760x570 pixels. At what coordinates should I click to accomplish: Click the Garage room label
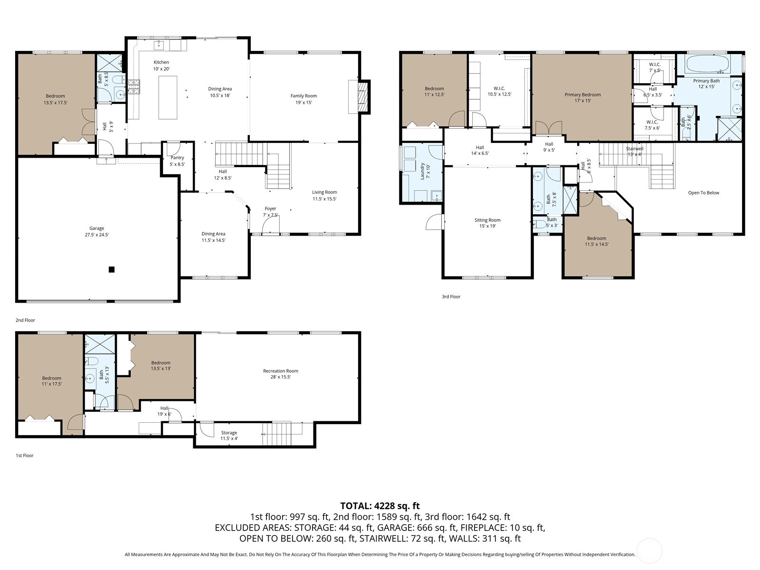(96, 228)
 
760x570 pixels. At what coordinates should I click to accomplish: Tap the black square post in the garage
(112, 269)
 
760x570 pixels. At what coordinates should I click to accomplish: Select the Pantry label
(177, 158)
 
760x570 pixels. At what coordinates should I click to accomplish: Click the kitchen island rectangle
(168, 97)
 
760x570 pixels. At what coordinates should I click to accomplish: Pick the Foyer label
(270, 209)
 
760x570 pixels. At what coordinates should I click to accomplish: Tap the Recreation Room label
(280, 371)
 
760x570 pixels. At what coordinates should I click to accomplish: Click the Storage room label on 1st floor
(229, 433)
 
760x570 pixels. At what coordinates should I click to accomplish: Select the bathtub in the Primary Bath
(708, 64)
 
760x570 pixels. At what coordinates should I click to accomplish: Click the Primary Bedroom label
(582, 95)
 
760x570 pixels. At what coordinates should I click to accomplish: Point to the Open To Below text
(703, 193)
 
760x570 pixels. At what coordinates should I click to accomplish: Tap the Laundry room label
(422, 171)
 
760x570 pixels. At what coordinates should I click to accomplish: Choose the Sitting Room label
(487, 220)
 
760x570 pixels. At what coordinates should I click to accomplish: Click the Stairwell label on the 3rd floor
(634, 149)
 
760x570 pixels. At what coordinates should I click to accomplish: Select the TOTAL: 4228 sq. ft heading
(380, 506)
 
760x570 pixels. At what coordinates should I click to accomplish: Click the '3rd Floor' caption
(451, 296)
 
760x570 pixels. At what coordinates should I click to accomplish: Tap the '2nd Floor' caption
(25, 320)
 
